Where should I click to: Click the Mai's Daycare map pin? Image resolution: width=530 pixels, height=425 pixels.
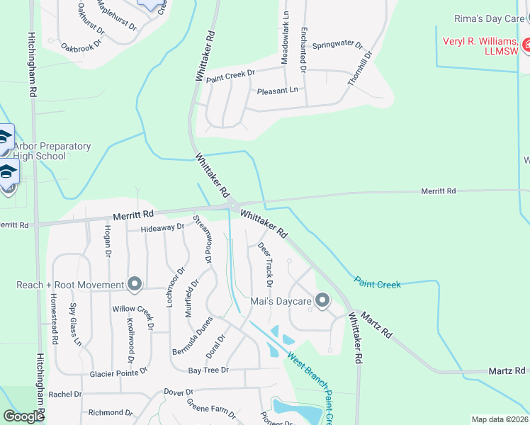tap(322, 301)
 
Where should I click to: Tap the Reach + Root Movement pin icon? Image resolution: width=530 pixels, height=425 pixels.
tap(135, 285)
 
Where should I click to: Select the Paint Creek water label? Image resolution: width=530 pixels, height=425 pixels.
tap(378, 283)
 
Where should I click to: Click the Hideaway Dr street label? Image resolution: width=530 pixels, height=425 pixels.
tap(162, 228)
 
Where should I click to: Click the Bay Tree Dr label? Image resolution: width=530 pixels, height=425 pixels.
tap(208, 370)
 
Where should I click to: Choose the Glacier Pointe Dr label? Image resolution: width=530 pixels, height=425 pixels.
tap(118, 372)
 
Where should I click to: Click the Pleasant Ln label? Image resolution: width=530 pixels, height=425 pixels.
tap(278, 90)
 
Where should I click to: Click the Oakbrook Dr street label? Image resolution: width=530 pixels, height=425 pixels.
tap(82, 47)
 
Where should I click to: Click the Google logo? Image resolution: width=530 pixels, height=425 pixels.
tap(23, 416)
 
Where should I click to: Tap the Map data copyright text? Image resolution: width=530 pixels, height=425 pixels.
tap(499, 419)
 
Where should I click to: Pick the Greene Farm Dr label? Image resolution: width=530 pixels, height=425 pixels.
tap(211, 408)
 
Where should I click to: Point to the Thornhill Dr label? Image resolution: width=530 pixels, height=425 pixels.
tap(359, 68)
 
